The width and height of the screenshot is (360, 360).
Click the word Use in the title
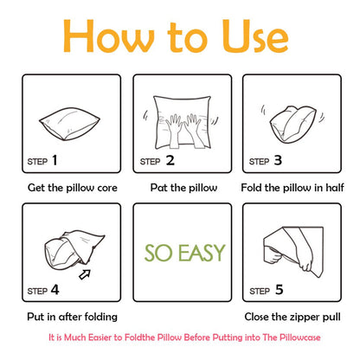[x=255, y=36]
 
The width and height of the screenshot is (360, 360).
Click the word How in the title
[x=109, y=36]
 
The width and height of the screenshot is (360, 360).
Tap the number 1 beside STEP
[x=55, y=160]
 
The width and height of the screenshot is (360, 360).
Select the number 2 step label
[x=170, y=160]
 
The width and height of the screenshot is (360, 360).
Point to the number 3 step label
[x=278, y=160]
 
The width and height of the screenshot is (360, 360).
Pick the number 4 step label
[x=55, y=290]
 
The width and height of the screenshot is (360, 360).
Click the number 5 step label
[x=279, y=290]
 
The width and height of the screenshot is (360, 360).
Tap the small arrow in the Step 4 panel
[x=85, y=274]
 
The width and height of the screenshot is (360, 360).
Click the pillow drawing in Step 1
[x=69, y=124]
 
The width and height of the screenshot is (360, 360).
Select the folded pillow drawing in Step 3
[x=292, y=124]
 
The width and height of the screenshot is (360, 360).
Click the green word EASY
[x=202, y=253]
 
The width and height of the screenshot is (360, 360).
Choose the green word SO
[x=159, y=253]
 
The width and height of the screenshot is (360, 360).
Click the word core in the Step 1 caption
[x=107, y=188]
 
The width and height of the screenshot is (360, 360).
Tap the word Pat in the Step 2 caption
[x=159, y=188]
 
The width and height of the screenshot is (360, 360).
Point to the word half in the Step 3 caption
[x=335, y=188]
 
